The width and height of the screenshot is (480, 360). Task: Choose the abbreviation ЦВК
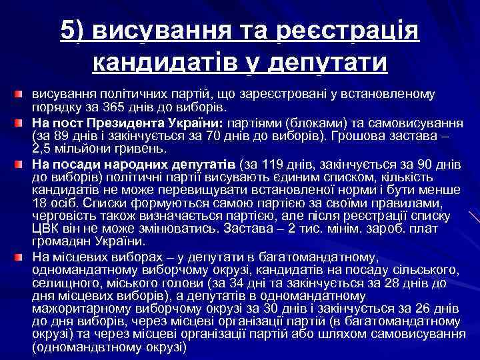tap(46, 229)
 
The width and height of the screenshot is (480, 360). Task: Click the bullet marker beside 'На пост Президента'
tap(22, 123)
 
